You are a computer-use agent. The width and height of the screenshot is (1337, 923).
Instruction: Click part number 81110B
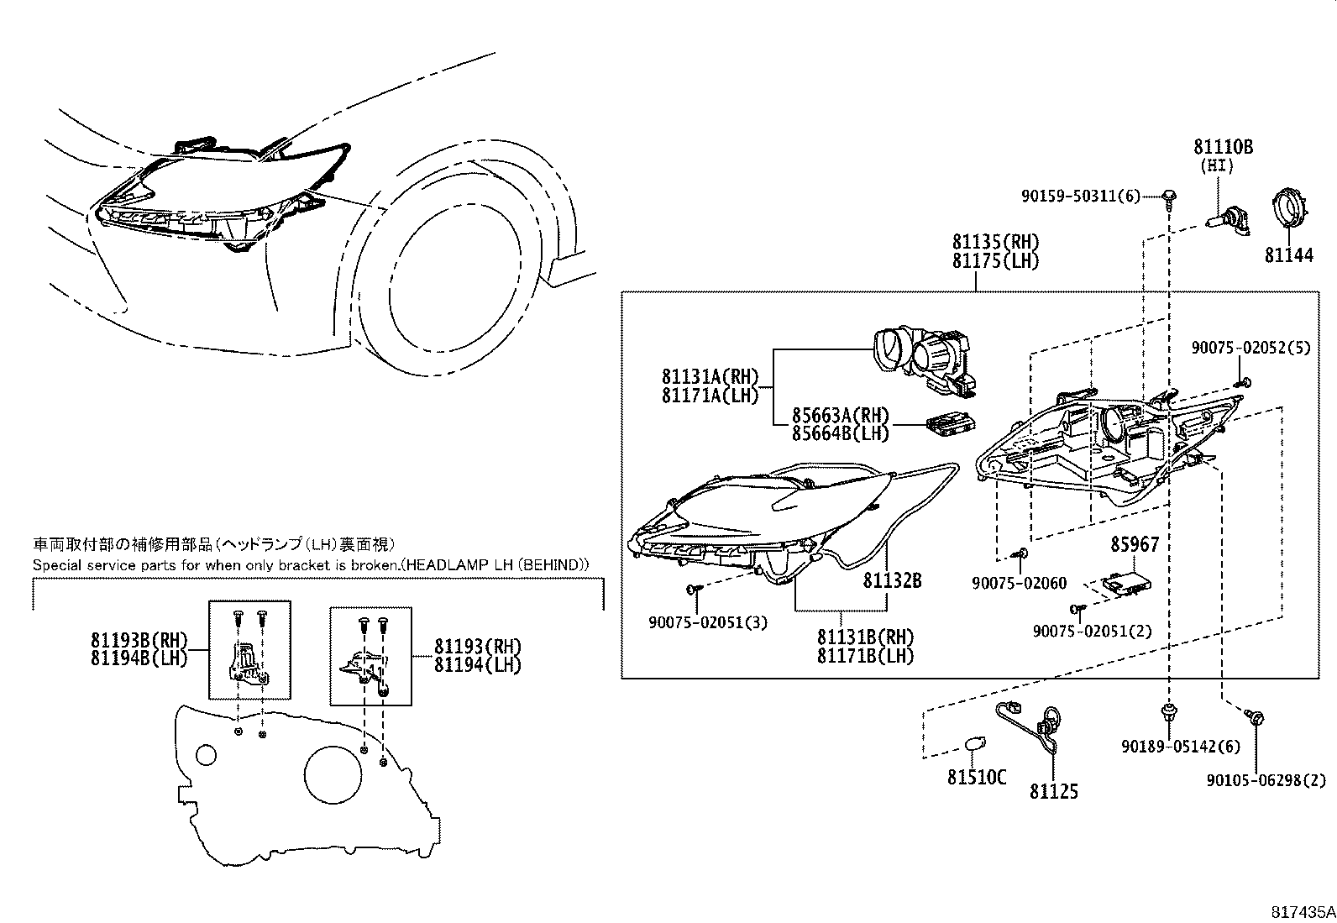[x=1223, y=147]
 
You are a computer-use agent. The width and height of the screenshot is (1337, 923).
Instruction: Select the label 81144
[x=1288, y=254]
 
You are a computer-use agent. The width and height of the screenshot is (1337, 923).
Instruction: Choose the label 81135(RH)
[x=995, y=242]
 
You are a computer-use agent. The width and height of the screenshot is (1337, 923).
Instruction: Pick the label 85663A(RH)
[x=839, y=414]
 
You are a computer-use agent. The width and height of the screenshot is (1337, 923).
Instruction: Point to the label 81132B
[x=892, y=579]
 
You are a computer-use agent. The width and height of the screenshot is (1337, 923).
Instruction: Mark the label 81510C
[x=976, y=778]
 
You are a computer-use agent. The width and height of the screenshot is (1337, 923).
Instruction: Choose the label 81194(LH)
[x=477, y=664]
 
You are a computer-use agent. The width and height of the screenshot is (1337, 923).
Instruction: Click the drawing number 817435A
[x=1301, y=910]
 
